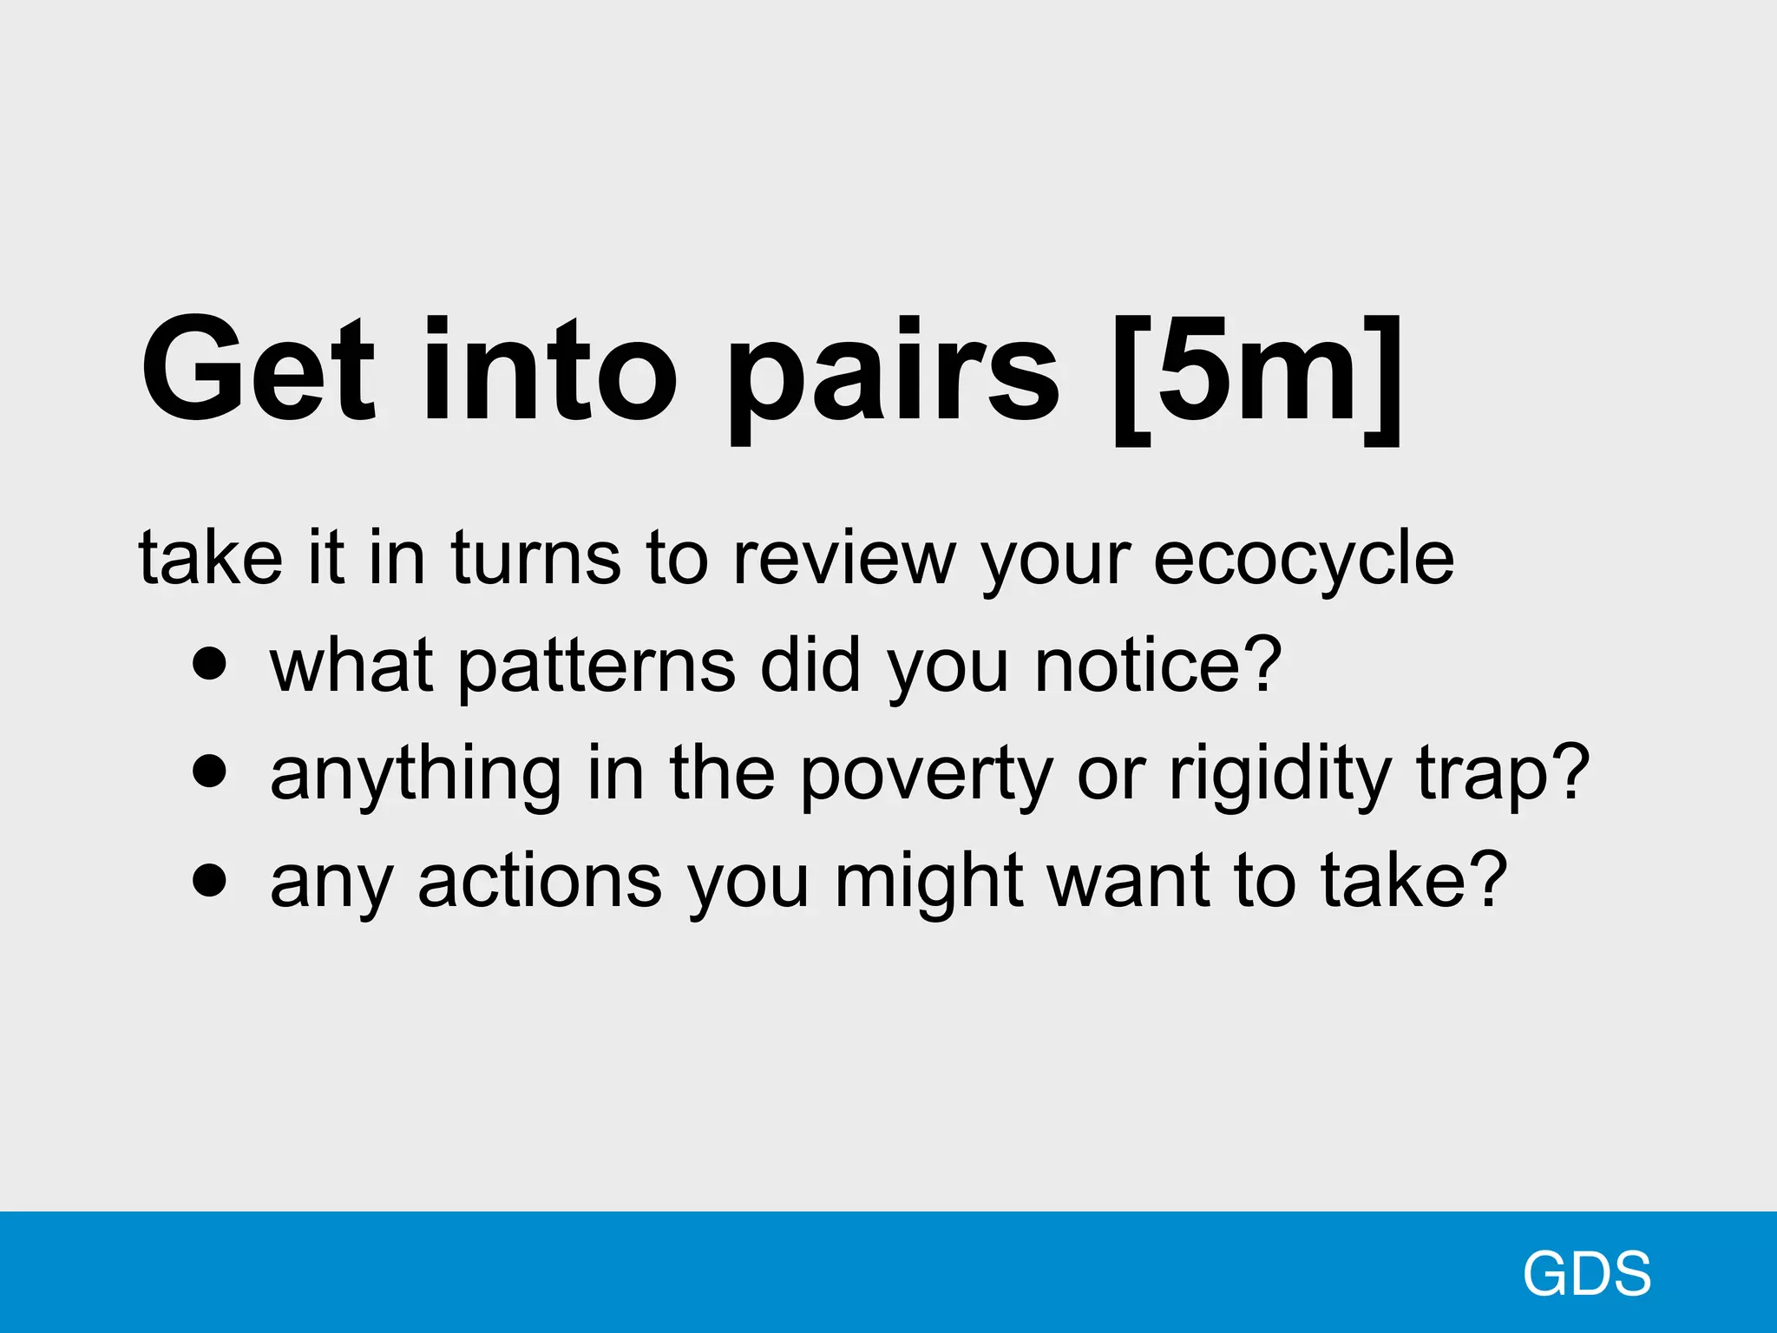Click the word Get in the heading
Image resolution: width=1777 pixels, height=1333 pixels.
[x=258, y=371]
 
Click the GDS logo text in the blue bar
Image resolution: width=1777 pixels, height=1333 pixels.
[x=1586, y=1274]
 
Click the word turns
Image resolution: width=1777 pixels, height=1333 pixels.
[x=535, y=557]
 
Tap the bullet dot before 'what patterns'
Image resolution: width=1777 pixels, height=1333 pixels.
[x=210, y=664]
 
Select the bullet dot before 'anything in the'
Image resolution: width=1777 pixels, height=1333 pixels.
[x=210, y=771]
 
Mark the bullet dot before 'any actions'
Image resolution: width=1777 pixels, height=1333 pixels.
[x=210, y=879]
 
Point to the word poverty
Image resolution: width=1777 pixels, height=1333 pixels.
[x=926, y=775]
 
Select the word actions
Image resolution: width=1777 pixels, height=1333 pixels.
[x=540, y=882]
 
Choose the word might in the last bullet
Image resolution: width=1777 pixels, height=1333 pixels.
[x=928, y=883]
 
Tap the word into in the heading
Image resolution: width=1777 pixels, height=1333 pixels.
[x=548, y=371]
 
